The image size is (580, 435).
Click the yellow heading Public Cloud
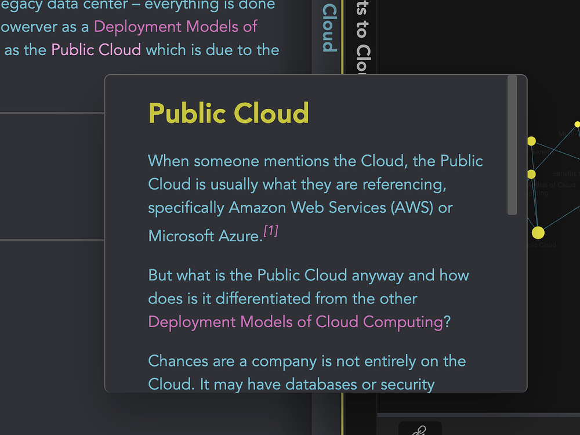(x=229, y=113)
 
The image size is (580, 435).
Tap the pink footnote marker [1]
(x=271, y=231)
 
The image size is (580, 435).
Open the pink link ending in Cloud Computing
(x=296, y=321)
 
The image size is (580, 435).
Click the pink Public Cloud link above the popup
(x=96, y=49)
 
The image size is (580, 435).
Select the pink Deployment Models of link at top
(x=175, y=27)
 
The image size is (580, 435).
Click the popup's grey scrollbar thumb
(x=512, y=145)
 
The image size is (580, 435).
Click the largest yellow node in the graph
(x=538, y=233)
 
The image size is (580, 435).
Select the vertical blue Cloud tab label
(x=329, y=28)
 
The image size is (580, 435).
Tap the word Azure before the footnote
(x=240, y=235)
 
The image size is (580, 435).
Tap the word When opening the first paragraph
(x=168, y=161)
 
